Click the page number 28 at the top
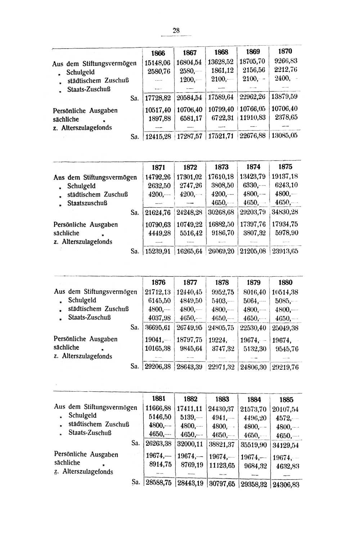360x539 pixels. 176,31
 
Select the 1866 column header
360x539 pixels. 158,53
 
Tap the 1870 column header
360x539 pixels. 285,52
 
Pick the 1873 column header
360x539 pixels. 221,167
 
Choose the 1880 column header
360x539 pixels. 285,282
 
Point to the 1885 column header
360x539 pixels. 286,400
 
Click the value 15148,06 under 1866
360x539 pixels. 157,63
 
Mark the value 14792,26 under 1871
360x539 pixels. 158,177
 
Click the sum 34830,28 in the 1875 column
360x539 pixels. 285,212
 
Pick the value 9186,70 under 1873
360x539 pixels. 221,233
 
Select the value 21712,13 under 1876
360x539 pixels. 158,292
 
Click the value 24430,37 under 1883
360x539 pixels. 221,409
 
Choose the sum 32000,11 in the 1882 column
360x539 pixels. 190,444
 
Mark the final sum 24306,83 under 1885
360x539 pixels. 286,485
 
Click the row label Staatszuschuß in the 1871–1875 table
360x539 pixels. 87,203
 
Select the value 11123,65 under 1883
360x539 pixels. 222,465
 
